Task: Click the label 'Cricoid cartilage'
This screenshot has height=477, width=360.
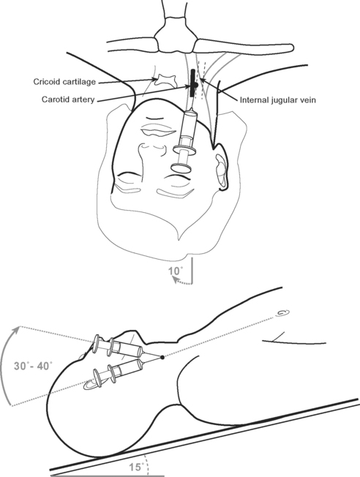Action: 64,82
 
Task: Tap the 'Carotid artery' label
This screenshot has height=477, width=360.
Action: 68,99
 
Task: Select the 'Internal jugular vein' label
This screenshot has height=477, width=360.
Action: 278,100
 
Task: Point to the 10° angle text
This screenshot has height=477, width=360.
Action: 176,271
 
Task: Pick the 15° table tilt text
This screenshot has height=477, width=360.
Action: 136,467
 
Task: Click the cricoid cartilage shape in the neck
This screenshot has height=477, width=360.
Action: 165,81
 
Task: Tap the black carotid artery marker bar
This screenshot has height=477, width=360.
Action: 193,83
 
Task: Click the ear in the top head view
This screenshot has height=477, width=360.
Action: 221,172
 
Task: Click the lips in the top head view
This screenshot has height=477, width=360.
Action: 158,131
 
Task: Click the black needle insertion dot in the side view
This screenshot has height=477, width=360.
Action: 162,358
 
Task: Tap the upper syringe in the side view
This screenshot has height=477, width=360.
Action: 119,347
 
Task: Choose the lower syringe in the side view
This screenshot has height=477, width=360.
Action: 119,370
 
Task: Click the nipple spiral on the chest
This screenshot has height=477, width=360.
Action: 282,313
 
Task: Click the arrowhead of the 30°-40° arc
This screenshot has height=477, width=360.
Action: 18,328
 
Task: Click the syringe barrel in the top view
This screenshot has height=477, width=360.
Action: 188,124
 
